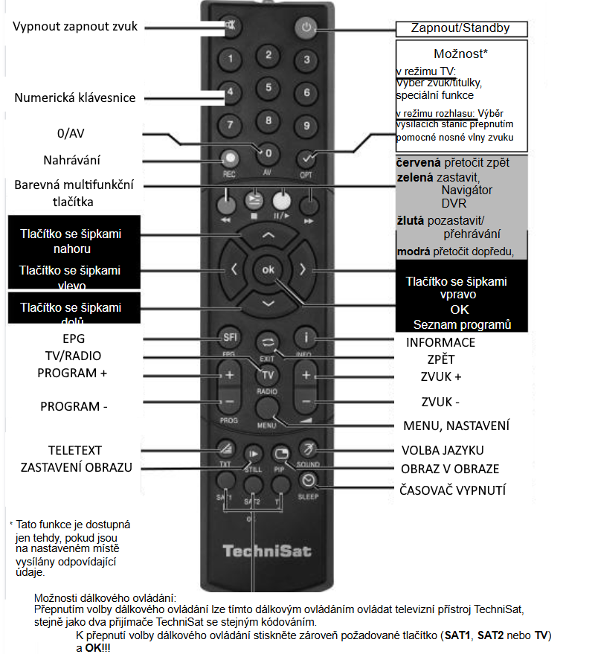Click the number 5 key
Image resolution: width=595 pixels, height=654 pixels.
tap(268, 88)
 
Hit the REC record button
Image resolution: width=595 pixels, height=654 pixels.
tap(231, 158)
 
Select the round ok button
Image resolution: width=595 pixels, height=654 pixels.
tap(268, 269)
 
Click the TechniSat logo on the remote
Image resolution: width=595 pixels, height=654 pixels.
tap(267, 551)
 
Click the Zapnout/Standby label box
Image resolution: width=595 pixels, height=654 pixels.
tap(460, 29)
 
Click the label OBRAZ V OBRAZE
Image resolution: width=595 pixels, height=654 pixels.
tap(450, 469)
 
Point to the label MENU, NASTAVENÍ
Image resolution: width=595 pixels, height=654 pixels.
tap(456, 426)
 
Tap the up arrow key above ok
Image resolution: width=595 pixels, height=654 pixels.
tap(268, 235)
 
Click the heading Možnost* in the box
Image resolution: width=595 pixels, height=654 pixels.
tap(460, 54)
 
